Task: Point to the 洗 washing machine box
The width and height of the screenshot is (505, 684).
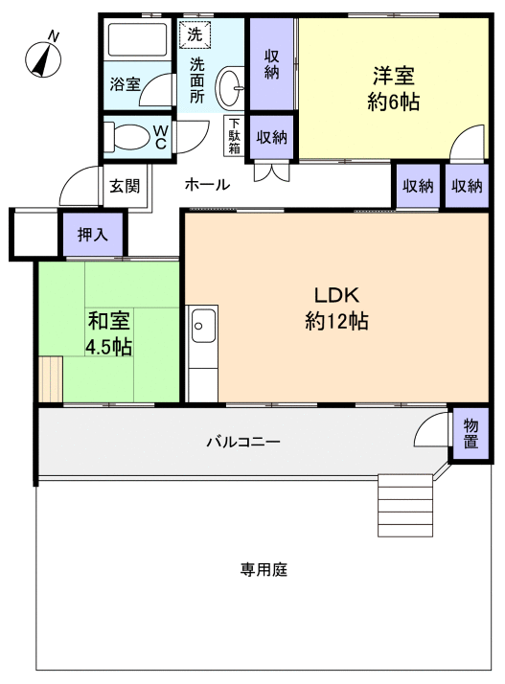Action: [x=195, y=33]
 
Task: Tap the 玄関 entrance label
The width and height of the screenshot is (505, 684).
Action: [x=121, y=185]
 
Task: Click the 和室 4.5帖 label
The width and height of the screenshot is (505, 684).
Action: [x=108, y=335]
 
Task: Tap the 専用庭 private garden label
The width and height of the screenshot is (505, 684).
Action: [x=264, y=570]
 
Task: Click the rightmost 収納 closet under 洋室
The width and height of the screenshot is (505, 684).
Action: [x=467, y=186]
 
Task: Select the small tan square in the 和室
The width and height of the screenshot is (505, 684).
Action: [x=51, y=379]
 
